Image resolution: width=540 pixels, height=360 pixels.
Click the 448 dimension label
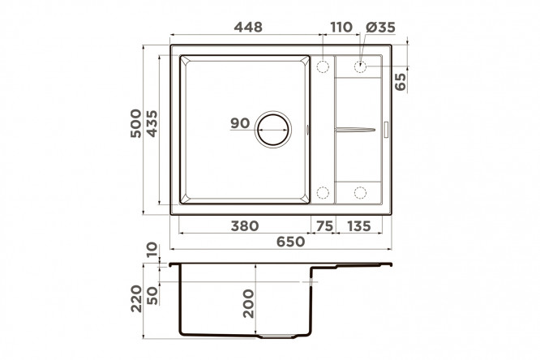tap(248, 27)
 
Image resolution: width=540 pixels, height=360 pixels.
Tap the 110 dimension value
tap(341, 27)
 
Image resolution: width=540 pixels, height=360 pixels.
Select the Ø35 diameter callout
tap(380, 27)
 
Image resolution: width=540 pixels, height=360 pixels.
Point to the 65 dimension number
tap(401, 81)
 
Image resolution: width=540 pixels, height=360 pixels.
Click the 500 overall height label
tap(136, 123)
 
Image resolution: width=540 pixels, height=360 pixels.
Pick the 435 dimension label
tap(152, 123)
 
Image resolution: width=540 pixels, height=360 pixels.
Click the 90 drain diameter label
tap(240, 123)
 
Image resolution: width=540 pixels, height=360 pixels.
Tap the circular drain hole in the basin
tap(273, 130)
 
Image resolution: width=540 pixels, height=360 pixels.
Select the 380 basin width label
tap(245, 226)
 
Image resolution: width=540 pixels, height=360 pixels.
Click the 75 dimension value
tap(324, 226)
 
